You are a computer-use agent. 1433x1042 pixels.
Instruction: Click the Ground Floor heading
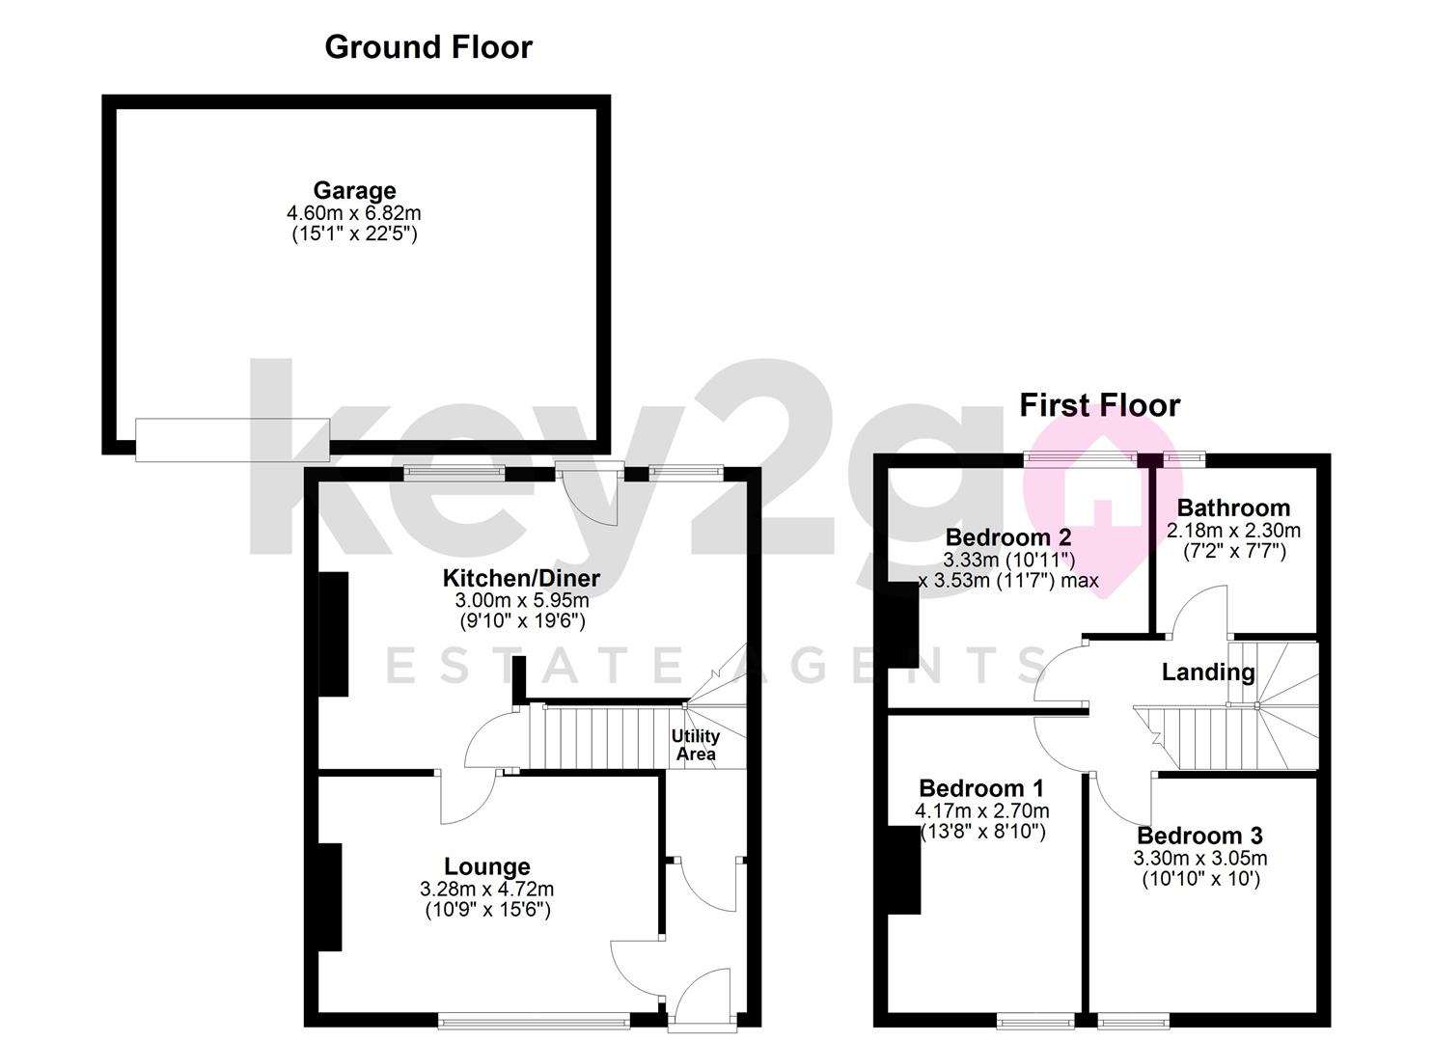[x=428, y=47]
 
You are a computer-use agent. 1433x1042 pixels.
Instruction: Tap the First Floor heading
[x=1100, y=405]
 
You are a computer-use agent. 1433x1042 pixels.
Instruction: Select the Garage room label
[x=354, y=191]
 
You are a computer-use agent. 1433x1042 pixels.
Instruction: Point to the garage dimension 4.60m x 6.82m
[x=354, y=212]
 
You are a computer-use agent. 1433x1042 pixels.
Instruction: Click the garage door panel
[x=233, y=440]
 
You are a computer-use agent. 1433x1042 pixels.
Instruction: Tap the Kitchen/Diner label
[x=521, y=578]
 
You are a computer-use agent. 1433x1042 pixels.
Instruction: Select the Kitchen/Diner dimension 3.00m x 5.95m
[x=522, y=600]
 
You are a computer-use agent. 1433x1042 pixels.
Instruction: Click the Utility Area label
[x=696, y=745]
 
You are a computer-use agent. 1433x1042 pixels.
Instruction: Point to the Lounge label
[x=487, y=866]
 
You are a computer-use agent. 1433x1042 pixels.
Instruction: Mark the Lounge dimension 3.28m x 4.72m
[x=487, y=890]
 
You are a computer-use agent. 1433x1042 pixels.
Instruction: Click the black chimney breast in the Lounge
[x=330, y=897]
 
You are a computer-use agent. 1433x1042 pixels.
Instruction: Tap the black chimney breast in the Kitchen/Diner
[x=334, y=634]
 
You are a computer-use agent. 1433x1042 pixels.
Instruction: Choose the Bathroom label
[x=1233, y=507]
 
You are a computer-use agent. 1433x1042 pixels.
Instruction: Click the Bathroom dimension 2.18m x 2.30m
[x=1233, y=531]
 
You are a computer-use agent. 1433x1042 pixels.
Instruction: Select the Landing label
[x=1208, y=672]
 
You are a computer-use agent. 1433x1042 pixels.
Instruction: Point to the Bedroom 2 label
[x=1008, y=537]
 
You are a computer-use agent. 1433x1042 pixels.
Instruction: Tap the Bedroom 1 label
[x=981, y=788]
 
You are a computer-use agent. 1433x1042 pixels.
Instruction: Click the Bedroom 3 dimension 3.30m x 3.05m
[x=1200, y=859]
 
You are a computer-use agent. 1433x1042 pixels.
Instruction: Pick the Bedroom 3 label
[x=1200, y=836]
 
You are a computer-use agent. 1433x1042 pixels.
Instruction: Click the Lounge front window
[x=535, y=1021]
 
